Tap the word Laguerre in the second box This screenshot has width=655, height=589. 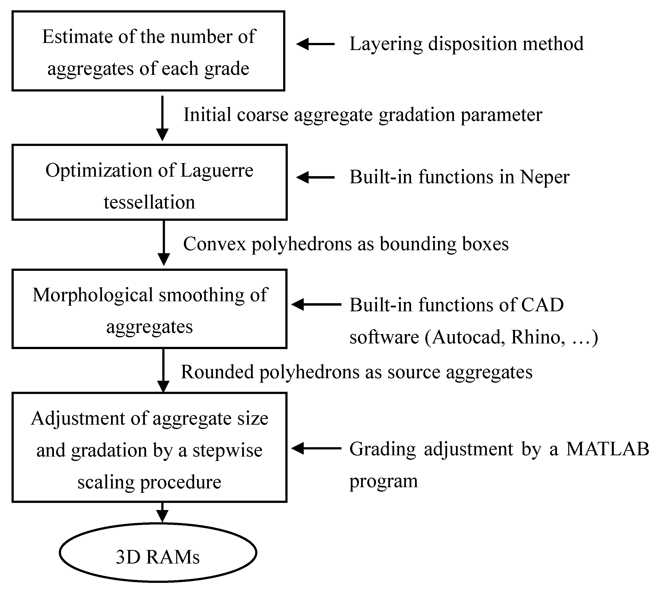click(216, 170)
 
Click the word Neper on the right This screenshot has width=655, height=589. click(544, 177)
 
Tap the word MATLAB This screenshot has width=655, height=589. click(607, 449)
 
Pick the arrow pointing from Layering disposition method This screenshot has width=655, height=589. click(315, 44)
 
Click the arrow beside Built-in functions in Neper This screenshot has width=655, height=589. click(315, 177)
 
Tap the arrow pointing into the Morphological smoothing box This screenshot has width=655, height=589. click(316, 304)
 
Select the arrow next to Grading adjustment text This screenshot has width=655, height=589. click(316, 448)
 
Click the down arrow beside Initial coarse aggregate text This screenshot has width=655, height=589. click(162, 118)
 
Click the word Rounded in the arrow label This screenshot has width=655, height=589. click(217, 372)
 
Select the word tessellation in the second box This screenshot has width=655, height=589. click(150, 203)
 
